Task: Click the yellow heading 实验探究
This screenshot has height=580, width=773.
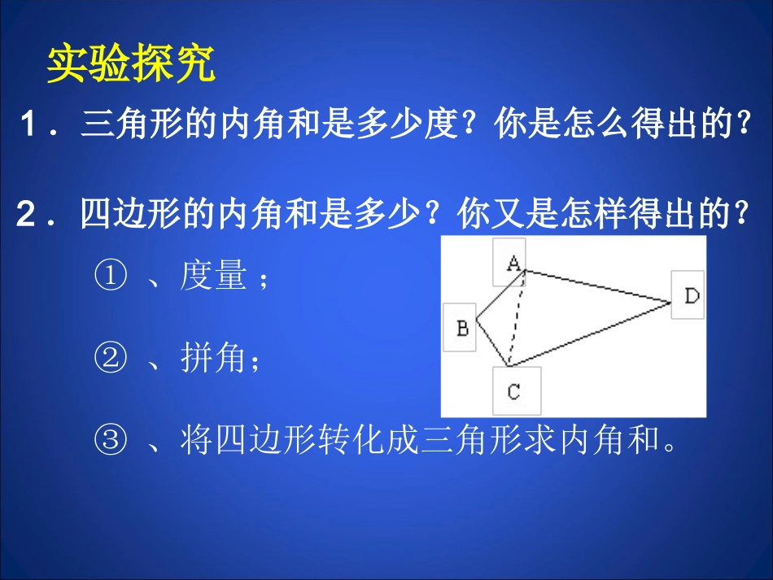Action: (130, 64)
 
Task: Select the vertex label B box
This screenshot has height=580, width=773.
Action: (461, 328)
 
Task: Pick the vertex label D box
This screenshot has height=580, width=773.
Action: (688, 294)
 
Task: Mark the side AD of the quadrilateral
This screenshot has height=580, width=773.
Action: (598, 286)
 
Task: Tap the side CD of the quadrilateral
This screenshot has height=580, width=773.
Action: (590, 334)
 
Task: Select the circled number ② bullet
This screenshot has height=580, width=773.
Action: (111, 358)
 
